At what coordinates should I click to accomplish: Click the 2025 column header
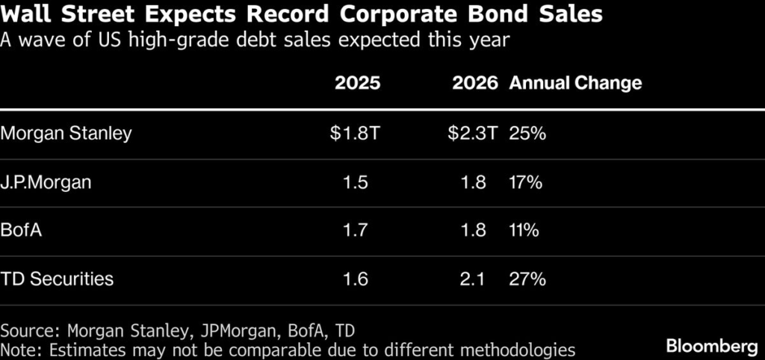coord(357,83)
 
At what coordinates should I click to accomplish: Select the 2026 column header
coord(474,83)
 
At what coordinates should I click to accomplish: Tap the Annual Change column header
coord(575,83)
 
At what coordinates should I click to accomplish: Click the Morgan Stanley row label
coord(66,134)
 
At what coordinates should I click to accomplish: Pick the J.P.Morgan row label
coord(46,182)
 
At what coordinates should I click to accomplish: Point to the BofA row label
coord(22,231)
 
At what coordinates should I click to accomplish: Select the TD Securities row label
coord(58,279)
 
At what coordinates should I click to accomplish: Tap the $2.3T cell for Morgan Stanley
coord(473,134)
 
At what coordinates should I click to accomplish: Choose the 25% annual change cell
coord(527,134)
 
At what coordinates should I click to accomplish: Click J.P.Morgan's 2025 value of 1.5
coord(356,182)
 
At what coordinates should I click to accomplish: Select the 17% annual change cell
coord(526,182)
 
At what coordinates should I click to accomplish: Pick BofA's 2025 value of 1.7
coord(356,231)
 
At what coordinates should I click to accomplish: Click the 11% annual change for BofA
coord(524,231)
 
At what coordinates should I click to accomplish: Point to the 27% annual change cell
coord(527,279)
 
